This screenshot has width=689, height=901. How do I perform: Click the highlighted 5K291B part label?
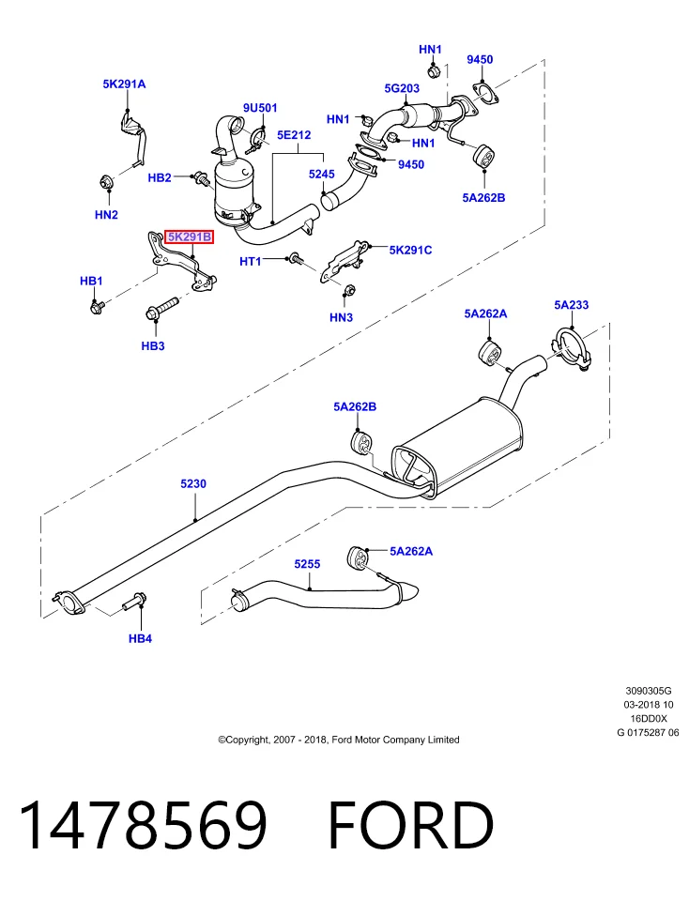(x=190, y=237)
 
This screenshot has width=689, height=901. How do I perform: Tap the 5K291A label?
(x=124, y=84)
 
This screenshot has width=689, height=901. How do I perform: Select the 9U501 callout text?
(x=260, y=107)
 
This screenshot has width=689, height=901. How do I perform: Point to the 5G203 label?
(x=402, y=88)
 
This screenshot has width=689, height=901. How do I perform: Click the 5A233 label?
(x=572, y=304)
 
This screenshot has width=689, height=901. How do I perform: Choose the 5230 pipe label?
(x=193, y=484)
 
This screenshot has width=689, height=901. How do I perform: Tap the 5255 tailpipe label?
(x=307, y=564)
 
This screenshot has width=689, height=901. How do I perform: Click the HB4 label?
(x=140, y=638)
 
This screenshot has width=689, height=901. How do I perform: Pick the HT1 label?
(x=250, y=262)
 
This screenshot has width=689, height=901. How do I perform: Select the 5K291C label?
(x=410, y=250)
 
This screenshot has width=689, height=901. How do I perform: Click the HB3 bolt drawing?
(x=162, y=309)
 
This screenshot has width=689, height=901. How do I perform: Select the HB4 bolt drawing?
(x=134, y=601)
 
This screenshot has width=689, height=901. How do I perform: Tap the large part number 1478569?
(x=143, y=825)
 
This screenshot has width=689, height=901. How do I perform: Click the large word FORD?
(x=410, y=825)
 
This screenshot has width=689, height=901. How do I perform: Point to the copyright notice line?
(x=339, y=740)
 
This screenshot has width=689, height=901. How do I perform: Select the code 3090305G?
(x=649, y=691)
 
